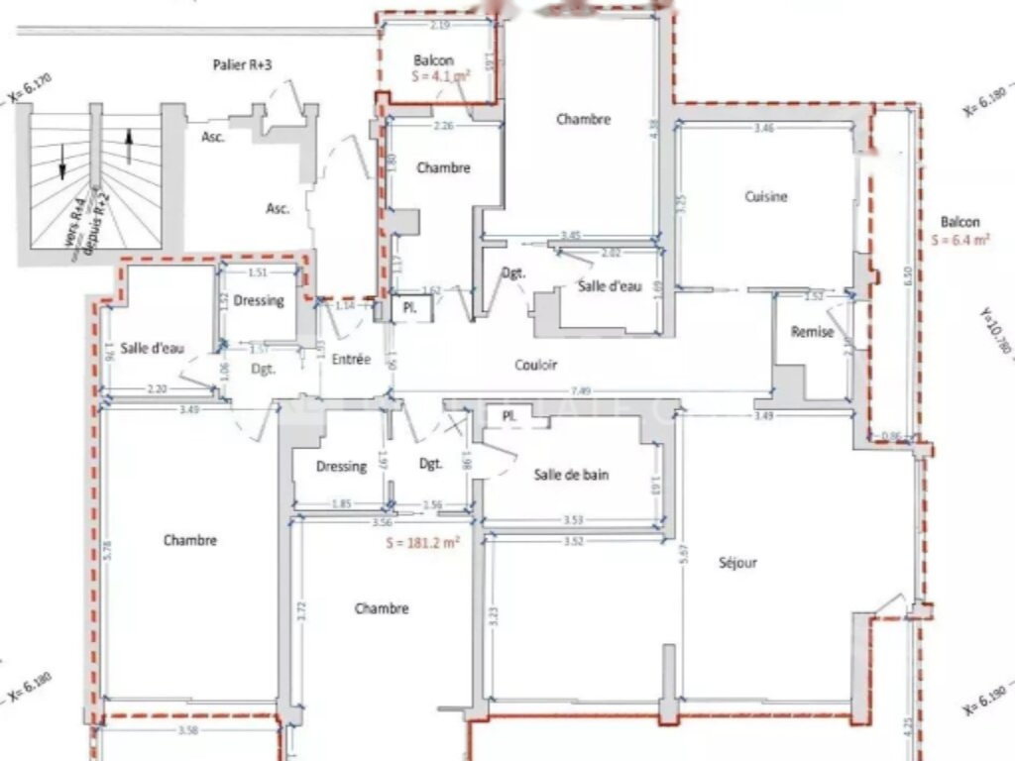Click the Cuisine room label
tap(766, 197)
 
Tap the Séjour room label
tap(737, 563)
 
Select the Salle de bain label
tap(571, 475)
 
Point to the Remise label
tap(812, 333)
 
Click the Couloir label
tap(536, 365)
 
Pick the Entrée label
tap(351, 360)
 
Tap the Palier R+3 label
tap(243, 64)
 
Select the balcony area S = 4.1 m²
tap(441, 75)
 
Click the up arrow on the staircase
tap(128, 146)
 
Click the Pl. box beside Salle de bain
tap(509, 416)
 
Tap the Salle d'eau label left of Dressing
tap(153, 348)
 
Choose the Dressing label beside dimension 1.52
tap(260, 301)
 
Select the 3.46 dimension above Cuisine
tap(763, 128)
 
